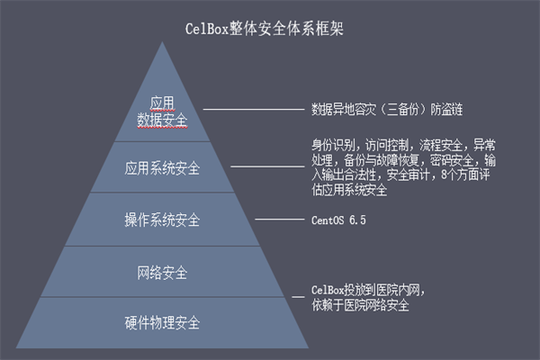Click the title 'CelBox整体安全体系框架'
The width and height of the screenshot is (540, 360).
[x=269, y=28]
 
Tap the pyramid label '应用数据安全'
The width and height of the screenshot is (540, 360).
[x=162, y=110]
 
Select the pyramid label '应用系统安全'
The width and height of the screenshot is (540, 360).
[x=162, y=168]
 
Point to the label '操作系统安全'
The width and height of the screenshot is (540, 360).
[x=162, y=220]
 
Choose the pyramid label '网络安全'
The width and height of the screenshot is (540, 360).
[x=162, y=272]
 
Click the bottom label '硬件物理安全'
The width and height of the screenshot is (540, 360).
[x=162, y=322]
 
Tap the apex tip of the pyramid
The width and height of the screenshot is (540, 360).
[x=163, y=40]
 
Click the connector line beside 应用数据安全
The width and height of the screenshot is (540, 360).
[x=254, y=109]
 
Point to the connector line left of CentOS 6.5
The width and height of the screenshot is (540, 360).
[x=279, y=220]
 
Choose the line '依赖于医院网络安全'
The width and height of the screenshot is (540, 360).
[x=361, y=306]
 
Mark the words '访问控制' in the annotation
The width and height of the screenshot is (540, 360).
[x=387, y=144]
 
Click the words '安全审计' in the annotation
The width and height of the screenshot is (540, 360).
[x=411, y=175]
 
